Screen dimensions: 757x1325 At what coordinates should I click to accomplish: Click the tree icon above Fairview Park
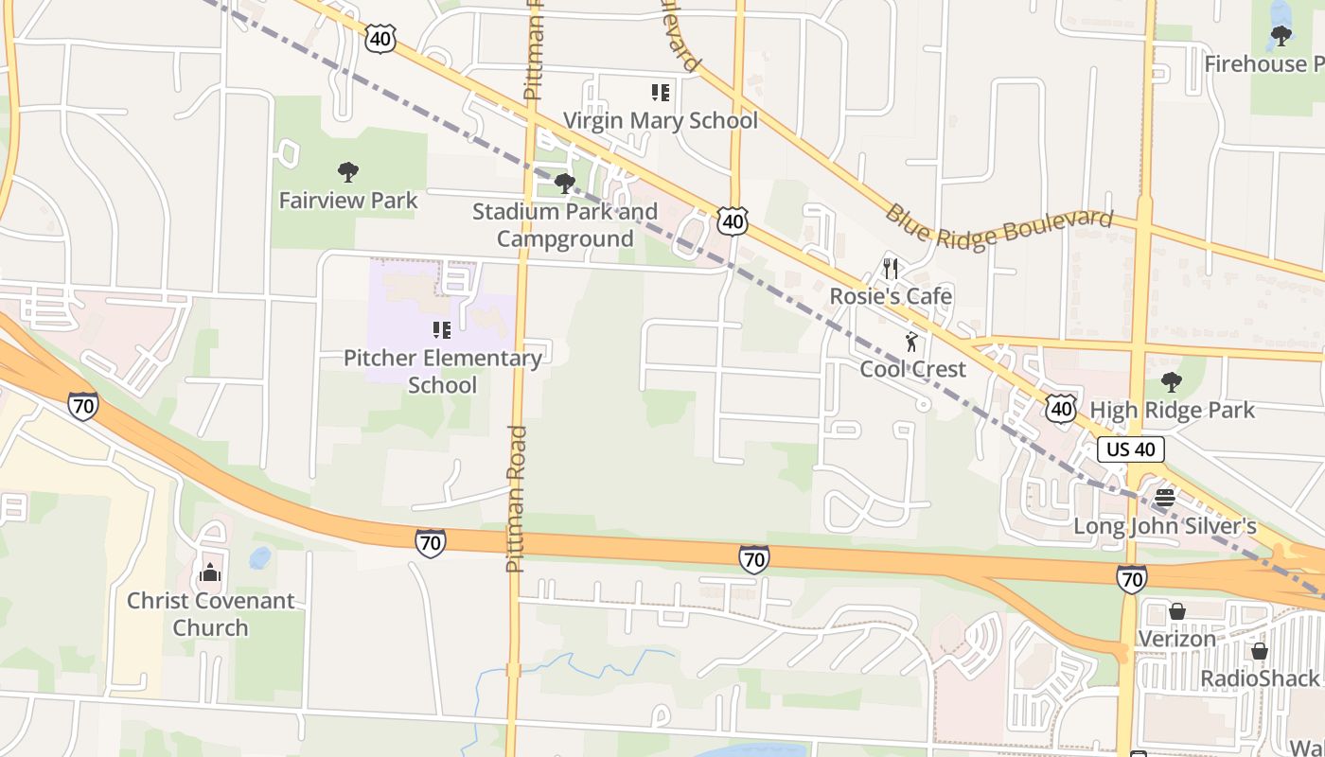[348, 172]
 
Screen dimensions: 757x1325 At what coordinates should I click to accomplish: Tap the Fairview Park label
[348, 201]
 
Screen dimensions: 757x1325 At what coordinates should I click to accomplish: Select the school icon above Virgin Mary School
[661, 93]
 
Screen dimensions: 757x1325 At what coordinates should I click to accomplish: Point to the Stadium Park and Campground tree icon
[565, 183]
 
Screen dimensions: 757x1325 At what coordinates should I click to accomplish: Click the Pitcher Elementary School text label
[442, 372]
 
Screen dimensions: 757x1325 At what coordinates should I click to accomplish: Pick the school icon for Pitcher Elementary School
[442, 330]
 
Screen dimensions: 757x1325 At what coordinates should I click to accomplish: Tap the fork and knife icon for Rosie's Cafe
[891, 269]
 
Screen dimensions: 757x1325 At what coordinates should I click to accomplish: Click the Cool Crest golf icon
[911, 342]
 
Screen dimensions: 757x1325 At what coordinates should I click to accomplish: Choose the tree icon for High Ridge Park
[1172, 382]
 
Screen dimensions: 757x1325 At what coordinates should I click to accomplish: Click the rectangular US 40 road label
[1131, 449]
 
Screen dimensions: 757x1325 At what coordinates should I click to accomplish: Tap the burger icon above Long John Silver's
[1165, 499]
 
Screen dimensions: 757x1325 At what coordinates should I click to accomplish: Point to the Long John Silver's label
[1164, 527]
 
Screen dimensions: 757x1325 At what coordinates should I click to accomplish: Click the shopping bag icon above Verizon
[1177, 612]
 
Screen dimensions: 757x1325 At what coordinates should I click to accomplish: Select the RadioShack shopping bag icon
[1260, 652]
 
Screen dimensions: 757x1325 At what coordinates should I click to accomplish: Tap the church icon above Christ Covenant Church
[210, 572]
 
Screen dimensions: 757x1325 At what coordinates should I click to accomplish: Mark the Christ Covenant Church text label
[210, 614]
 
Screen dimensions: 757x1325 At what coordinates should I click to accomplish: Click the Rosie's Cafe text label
[891, 296]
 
